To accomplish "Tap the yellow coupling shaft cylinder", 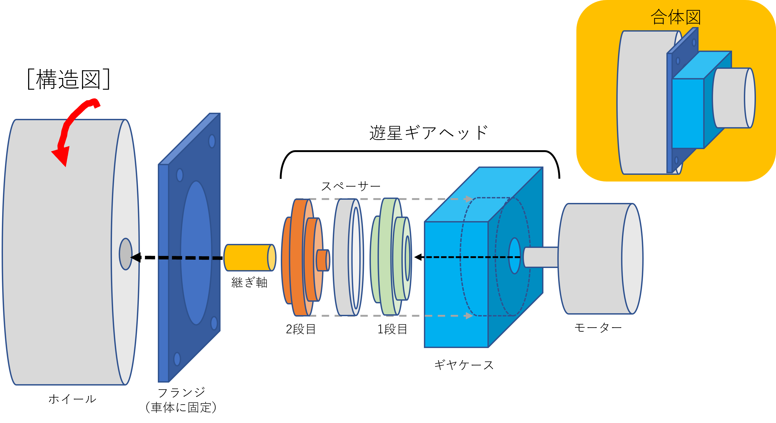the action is pos(250,258).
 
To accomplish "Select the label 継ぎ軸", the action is pos(249,283).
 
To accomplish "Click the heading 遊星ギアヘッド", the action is pos(428,133).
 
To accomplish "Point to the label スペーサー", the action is pos(351,186).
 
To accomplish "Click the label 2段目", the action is pos(301,329).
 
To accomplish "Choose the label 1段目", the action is pos(392,329).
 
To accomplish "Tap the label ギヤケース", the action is pos(464,365).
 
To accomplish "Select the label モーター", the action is pos(598,328).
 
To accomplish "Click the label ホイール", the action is pos(72,399).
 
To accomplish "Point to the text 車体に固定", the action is pos(181,407).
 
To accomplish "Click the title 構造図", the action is pos(68,79).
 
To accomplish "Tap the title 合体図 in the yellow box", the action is pos(676,17).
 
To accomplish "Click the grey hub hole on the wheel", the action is pos(126,254).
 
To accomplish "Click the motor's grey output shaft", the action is pos(540,257).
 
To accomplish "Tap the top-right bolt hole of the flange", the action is pos(212,141).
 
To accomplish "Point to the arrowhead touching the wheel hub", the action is pos(136,257).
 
